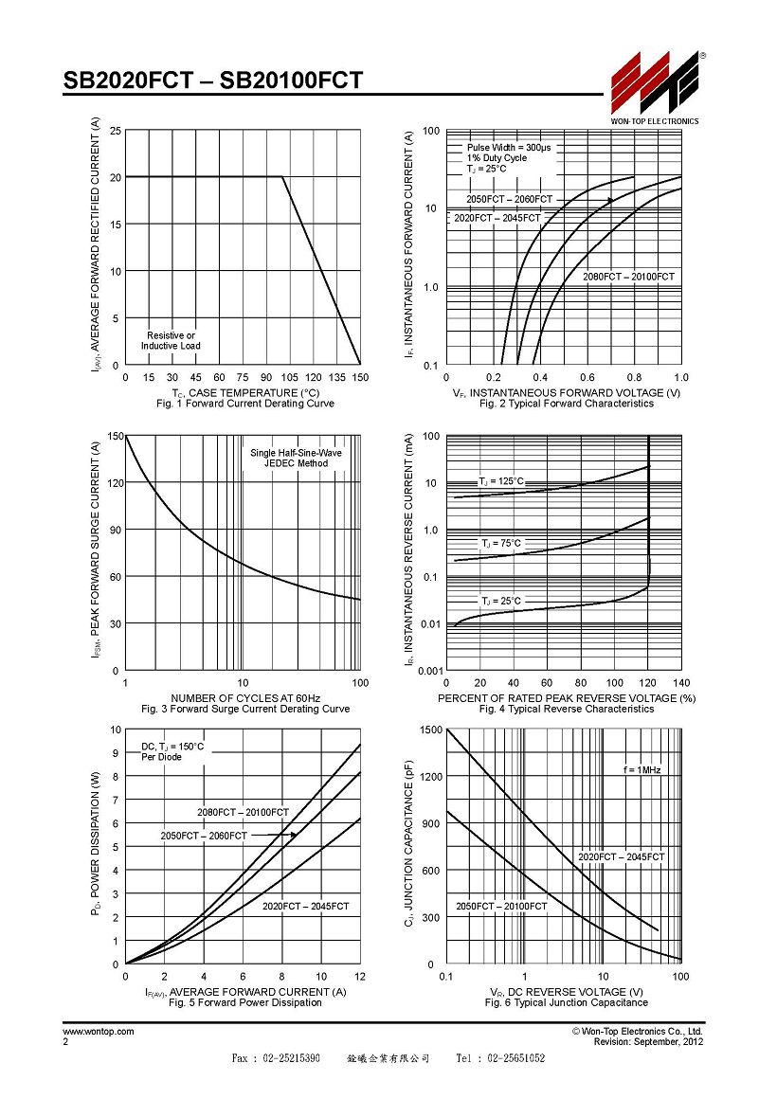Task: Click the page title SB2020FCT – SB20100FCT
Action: tap(213, 81)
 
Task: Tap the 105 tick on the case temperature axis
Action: tap(290, 377)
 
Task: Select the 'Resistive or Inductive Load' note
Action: tap(171, 341)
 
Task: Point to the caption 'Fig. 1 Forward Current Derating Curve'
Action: tap(245, 404)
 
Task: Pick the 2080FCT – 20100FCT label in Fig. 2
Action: tap(628, 277)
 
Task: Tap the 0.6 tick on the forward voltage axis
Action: tap(587, 377)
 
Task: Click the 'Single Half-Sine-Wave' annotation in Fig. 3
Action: tap(296, 453)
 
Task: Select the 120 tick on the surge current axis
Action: tap(116, 483)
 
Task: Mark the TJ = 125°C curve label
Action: tap(501, 481)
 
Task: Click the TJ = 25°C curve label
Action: tap(501, 602)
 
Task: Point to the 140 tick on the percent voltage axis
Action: tap(681, 683)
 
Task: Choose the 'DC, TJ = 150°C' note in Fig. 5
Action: tap(172, 747)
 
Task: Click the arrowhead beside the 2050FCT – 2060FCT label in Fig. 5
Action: tap(294, 835)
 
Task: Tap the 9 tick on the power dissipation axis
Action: tap(116, 753)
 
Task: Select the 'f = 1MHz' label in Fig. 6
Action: tap(641, 769)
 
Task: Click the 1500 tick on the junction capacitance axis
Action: tap(431, 730)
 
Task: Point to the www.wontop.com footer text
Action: tap(99, 1031)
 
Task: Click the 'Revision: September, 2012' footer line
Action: tap(648, 1041)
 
